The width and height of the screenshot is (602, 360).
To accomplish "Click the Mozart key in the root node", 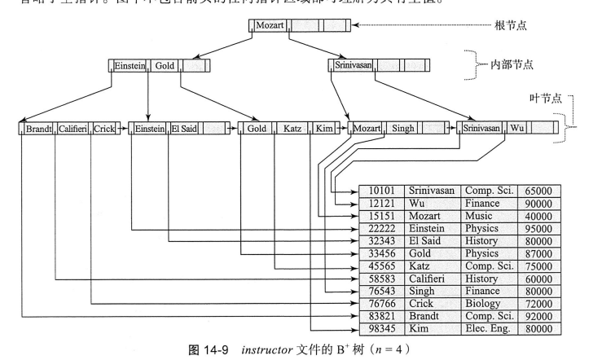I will click(x=269, y=25).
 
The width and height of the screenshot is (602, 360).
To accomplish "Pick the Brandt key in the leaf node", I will click(x=39, y=128).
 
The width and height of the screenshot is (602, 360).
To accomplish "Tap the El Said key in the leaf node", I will click(x=184, y=128).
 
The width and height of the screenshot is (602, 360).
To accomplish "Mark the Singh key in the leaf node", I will click(x=402, y=128).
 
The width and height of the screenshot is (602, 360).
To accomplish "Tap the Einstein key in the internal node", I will click(x=127, y=64).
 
